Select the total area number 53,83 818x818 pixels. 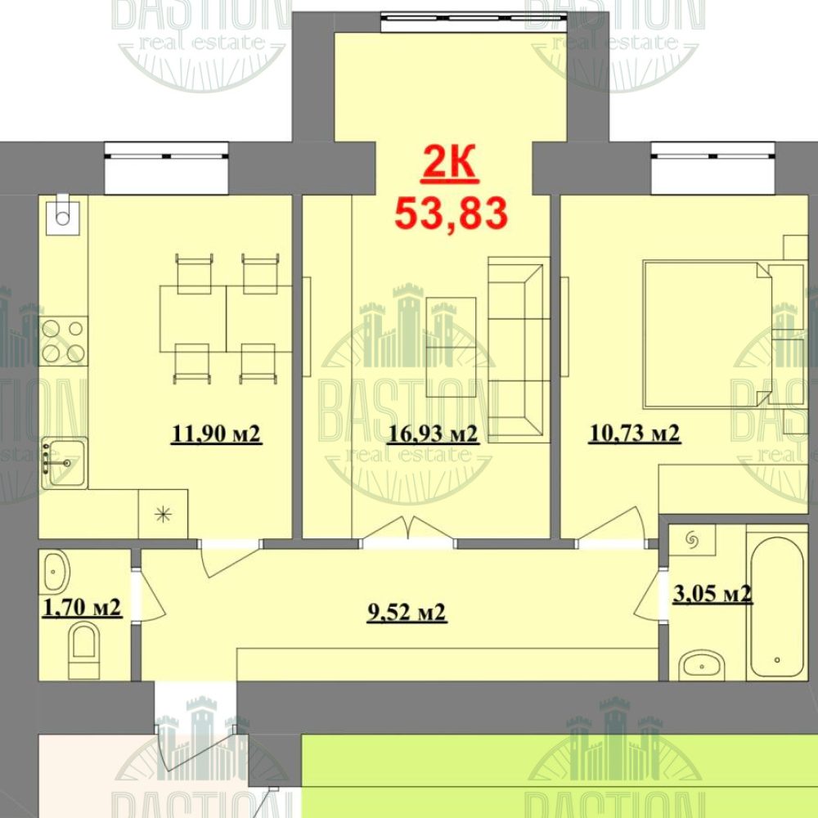[x=451, y=213]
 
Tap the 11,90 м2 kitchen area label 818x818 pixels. [x=217, y=434]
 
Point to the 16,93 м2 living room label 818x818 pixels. [x=433, y=434]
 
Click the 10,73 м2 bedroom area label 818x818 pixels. [x=635, y=434]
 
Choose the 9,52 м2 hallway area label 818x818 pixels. [x=407, y=613]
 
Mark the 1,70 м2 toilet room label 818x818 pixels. [x=83, y=608]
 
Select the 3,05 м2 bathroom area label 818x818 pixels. [x=712, y=593]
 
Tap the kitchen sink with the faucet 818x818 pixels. [x=64, y=463]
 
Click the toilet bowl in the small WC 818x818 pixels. [x=84, y=652]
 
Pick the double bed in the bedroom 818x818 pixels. [x=708, y=334]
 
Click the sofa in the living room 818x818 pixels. [x=519, y=349]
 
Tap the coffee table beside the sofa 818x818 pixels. [x=451, y=347]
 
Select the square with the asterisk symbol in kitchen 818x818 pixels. [x=164, y=515]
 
